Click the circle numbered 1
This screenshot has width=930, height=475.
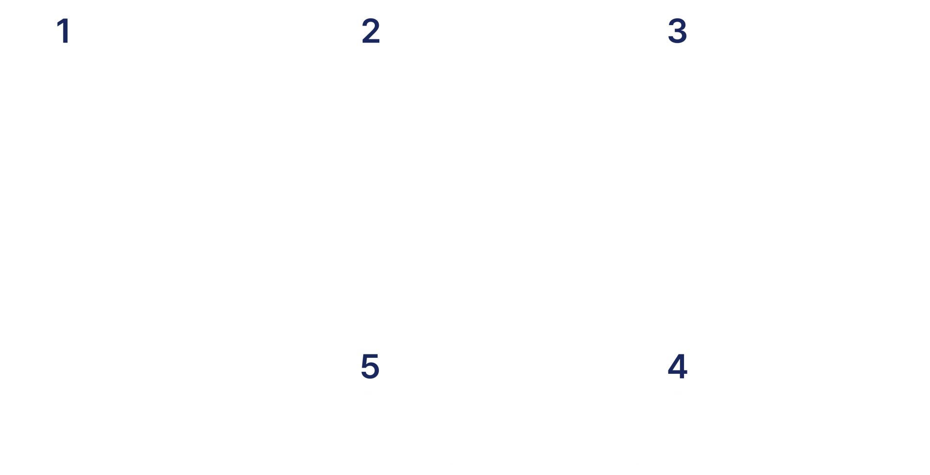(x=64, y=31)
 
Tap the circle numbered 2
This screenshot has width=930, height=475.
(x=371, y=31)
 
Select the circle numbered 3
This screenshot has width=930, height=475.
(x=677, y=31)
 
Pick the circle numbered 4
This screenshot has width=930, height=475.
(x=677, y=366)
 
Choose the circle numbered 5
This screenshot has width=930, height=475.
(x=371, y=366)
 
